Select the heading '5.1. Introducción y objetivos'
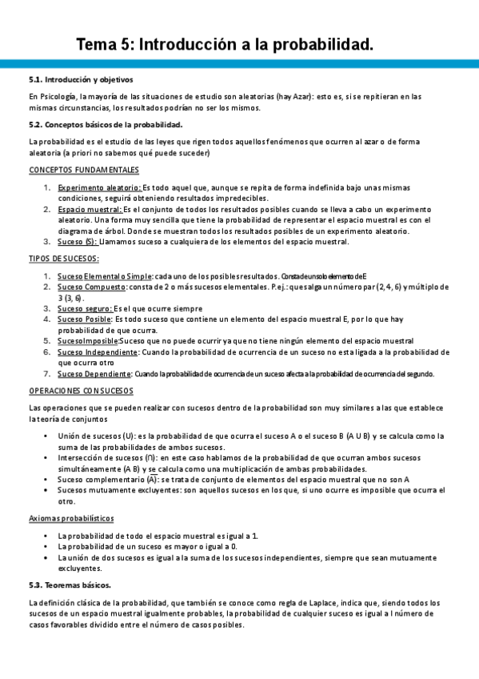point(80,80)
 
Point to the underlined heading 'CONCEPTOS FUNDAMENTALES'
point(84,170)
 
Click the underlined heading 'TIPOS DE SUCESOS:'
point(64,259)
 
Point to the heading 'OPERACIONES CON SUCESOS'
point(81,391)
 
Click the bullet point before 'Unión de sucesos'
point(50,436)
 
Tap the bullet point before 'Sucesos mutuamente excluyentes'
point(50,490)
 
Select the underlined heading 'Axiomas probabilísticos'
point(71,518)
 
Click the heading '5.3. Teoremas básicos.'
point(70,585)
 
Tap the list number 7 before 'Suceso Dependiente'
point(47,373)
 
